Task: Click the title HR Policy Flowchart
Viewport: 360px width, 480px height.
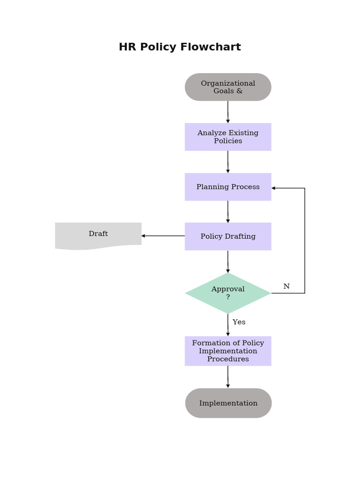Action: pyautogui.click(x=180, y=47)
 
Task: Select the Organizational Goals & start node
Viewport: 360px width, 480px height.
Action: pyautogui.click(x=228, y=87)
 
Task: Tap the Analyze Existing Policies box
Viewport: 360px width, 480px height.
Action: pyautogui.click(x=228, y=137)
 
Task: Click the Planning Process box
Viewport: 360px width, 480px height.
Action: pyautogui.click(x=228, y=187)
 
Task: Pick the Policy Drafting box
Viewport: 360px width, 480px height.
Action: pyautogui.click(x=228, y=236)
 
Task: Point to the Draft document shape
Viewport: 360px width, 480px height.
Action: pyautogui.click(x=98, y=234)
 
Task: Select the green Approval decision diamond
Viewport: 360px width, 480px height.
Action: pyautogui.click(x=228, y=293)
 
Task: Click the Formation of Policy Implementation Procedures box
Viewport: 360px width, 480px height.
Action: pyautogui.click(x=228, y=351)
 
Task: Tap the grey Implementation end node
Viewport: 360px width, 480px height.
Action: pyautogui.click(x=228, y=403)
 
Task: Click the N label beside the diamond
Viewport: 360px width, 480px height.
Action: pyautogui.click(x=286, y=286)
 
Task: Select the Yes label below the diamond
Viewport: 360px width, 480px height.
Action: pyautogui.click(x=239, y=322)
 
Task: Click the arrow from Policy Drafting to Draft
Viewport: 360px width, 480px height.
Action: pyautogui.click(x=163, y=236)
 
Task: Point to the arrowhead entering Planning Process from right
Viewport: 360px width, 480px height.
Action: pyautogui.click(x=274, y=188)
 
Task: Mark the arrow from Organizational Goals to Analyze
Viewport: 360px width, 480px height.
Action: pyautogui.click(x=228, y=112)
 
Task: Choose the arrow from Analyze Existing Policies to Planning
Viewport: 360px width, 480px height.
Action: pyautogui.click(x=228, y=162)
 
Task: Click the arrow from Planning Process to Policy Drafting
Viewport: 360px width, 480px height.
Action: pyautogui.click(x=228, y=211)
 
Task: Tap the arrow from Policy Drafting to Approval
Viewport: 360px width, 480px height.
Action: pyautogui.click(x=228, y=262)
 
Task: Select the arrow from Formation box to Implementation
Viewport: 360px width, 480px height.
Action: pyautogui.click(x=228, y=377)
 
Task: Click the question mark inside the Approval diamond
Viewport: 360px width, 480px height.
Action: pyautogui.click(x=228, y=297)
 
